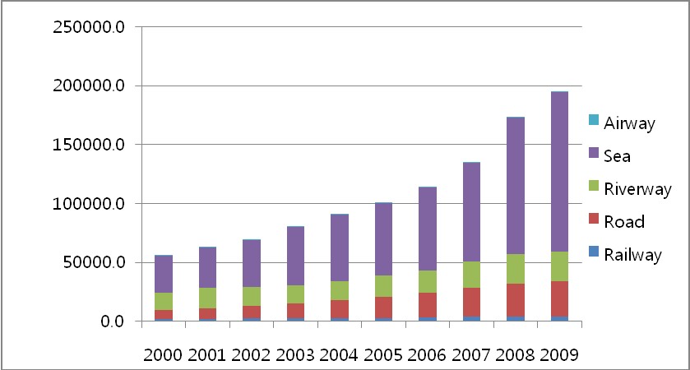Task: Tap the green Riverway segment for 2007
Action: point(471,275)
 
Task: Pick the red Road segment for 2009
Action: point(559,298)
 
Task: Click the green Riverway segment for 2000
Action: point(164,301)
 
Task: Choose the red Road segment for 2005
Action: point(383,307)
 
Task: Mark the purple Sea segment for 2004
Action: point(340,247)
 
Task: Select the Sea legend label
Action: point(618,156)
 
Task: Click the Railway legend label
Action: point(632,255)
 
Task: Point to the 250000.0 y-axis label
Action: point(88,27)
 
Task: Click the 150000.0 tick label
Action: point(88,145)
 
